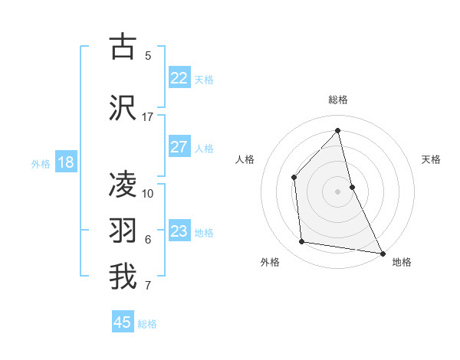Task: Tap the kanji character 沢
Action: click(x=123, y=108)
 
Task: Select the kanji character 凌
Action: click(x=123, y=185)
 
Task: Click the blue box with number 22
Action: click(x=179, y=78)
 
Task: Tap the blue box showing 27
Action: click(x=179, y=147)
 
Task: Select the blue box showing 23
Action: click(x=179, y=231)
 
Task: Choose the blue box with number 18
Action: click(x=65, y=162)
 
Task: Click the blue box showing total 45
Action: click(x=123, y=322)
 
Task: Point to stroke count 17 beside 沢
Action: click(x=148, y=117)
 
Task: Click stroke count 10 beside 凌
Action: click(x=148, y=193)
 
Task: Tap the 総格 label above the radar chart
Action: click(x=338, y=100)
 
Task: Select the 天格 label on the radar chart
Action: click(x=432, y=159)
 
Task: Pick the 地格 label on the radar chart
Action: click(x=402, y=262)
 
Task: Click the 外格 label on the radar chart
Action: click(x=270, y=262)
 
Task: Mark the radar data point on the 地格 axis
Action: click(x=382, y=252)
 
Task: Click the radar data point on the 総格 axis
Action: click(x=338, y=130)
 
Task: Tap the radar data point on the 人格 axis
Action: click(x=294, y=177)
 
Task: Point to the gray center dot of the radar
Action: click(x=338, y=191)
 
